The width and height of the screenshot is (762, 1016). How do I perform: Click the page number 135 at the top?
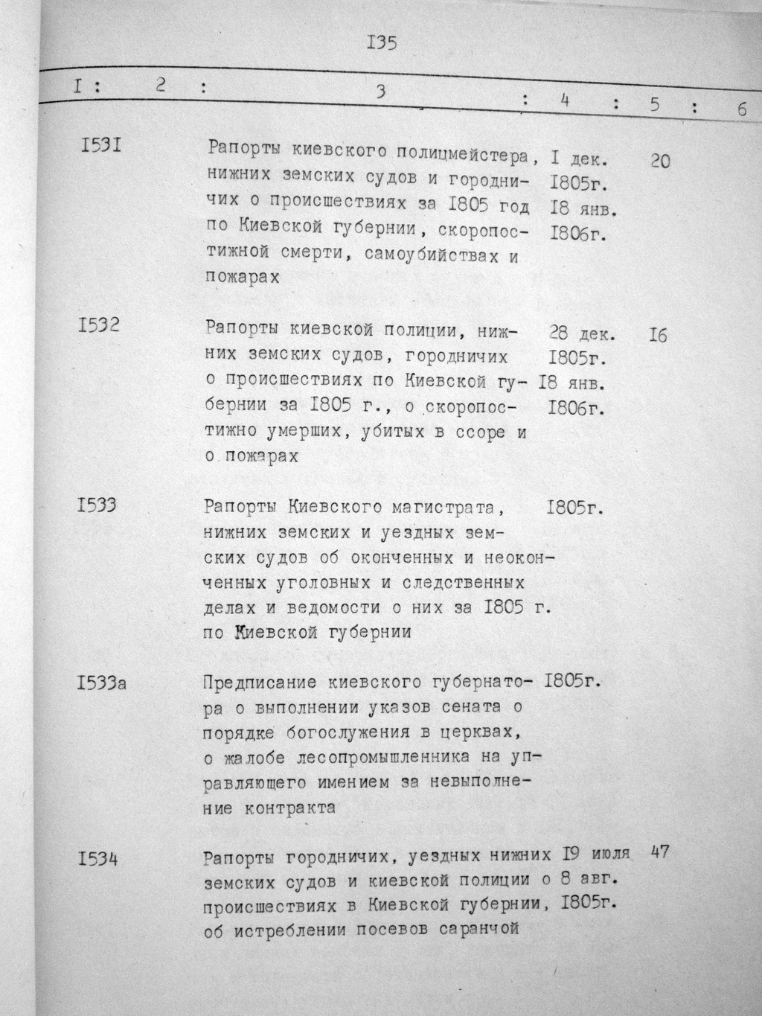click(382, 42)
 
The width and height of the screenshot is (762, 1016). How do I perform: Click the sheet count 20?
click(659, 160)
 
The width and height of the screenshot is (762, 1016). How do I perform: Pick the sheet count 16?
click(659, 336)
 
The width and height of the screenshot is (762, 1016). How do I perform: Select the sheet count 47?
click(659, 852)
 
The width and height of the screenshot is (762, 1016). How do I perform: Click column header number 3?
click(380, 92)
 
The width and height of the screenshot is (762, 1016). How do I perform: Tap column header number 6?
click(742, 109)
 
